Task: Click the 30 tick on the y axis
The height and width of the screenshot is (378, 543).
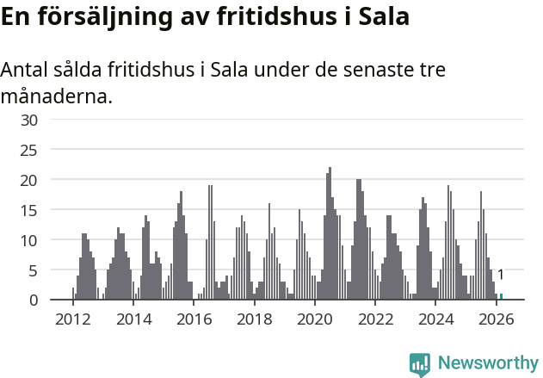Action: coord(29,120)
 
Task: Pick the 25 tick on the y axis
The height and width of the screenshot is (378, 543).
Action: coord(29,150)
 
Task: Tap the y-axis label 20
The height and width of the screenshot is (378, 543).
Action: coord(29,180)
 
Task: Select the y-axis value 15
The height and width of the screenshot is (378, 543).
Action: coord(29,210)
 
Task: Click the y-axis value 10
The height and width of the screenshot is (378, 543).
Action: coord(29,240)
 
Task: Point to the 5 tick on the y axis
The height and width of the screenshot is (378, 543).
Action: coord(34,270)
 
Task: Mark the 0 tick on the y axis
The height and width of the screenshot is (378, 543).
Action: coord(34,301)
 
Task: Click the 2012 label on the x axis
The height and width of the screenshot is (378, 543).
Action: coord(72,319)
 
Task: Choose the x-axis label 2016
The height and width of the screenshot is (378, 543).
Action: coord(194,319)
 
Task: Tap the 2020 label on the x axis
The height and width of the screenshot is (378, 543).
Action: coord(315,319)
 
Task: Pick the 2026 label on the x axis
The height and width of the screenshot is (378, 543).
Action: coord(497,319)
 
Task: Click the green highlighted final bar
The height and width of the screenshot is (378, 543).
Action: coord(501,297)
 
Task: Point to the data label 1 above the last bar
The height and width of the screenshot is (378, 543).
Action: coord(501,275)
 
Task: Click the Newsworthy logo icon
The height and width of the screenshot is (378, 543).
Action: coord(419,364)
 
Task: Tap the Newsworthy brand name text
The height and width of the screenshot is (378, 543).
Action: coord(487,363)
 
